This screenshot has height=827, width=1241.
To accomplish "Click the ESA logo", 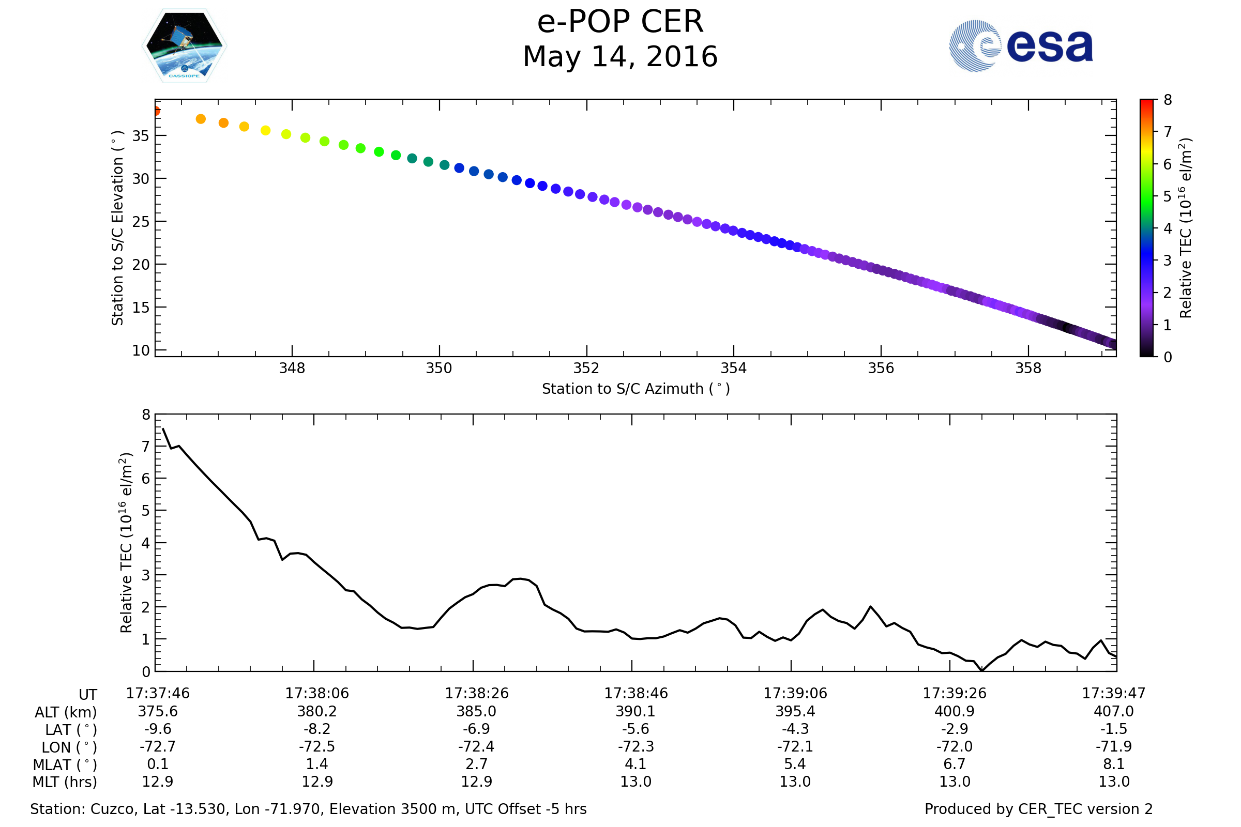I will [1020, 46].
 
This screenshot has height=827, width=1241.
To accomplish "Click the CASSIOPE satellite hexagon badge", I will [185, 46].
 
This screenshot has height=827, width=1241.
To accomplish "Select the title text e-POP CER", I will [620, 22].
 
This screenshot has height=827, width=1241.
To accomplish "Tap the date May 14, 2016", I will [620, 57].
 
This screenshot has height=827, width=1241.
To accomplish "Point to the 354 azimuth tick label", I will [733, 368].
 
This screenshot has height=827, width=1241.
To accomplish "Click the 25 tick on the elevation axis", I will [140, 222].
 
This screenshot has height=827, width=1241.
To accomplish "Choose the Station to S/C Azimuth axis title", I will [636, 389].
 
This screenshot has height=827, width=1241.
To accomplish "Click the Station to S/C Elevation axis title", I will [118, 228].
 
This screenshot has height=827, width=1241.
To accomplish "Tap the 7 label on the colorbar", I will [1168, 132].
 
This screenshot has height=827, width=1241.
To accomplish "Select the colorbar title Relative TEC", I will [1185, 228].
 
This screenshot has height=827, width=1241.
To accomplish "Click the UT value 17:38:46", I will [636, 694].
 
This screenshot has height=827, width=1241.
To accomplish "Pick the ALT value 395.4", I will [795, 712].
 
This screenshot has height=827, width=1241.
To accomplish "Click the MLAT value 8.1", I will [1114, 764].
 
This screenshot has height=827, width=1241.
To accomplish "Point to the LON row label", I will [69, 747].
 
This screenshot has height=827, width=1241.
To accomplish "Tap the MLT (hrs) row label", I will [65, 782].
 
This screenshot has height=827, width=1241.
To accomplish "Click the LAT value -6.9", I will [476, 729].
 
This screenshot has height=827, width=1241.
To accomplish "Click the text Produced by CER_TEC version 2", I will [1038, 809].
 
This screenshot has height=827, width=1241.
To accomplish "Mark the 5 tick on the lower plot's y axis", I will [146, 511].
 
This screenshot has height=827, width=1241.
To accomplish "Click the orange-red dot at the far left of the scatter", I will [156, 111].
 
